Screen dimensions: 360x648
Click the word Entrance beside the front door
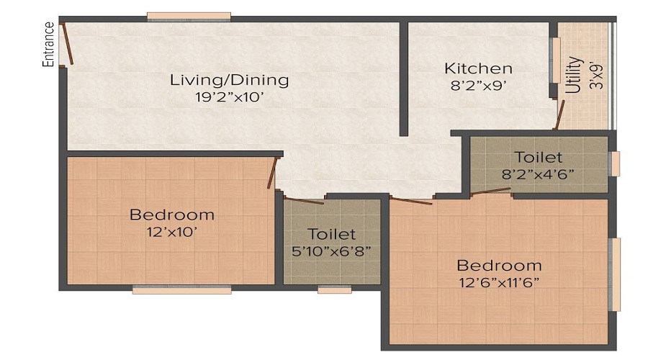pos(49,45)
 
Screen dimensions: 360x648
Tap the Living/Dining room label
pos(229,80)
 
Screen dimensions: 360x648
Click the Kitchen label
pos(478,69)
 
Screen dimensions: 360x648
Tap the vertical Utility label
pos(574,75)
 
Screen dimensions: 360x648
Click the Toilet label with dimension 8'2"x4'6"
pos(538,157)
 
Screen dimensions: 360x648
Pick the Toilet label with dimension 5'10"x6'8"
pos(331,234)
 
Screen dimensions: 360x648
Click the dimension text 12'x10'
pos(171,232)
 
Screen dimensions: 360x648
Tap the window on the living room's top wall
pos(189,16)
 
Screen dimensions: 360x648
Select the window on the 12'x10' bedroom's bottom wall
pos(181,289)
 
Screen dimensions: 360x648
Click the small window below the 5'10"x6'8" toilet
pos(334,289)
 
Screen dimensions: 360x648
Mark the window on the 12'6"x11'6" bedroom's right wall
pos(615,274)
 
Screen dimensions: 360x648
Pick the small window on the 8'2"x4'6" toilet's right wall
pos(614,163)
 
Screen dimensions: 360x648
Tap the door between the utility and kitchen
pos(559,114)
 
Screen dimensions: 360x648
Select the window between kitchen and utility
pos(555,60)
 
